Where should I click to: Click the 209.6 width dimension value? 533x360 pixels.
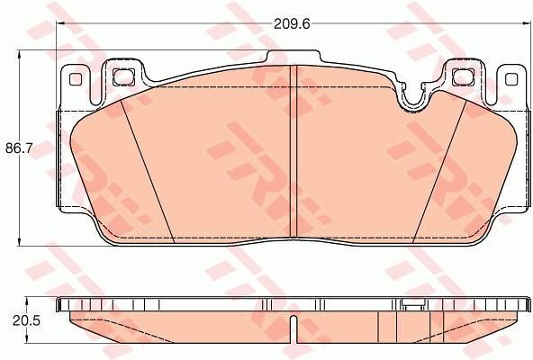pyautogui.click(x=292, y=24)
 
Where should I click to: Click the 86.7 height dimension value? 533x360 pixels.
pyautogui.click(x=19, y=148)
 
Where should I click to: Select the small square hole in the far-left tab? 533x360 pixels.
pyautogui.click(x=76, y=79)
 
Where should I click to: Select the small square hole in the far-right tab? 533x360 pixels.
pyautogui.click(x=510, y=79)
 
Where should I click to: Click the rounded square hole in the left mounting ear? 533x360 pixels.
pyautogui.click(x=123, y=76)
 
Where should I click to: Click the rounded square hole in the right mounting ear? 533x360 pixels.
pyautogui.click(x=464, y=76)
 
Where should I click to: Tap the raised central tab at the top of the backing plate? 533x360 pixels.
pyautogui.click(x=294, y=57)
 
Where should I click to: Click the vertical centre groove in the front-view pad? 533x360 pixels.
pyautogui.click(x=293, y=151)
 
